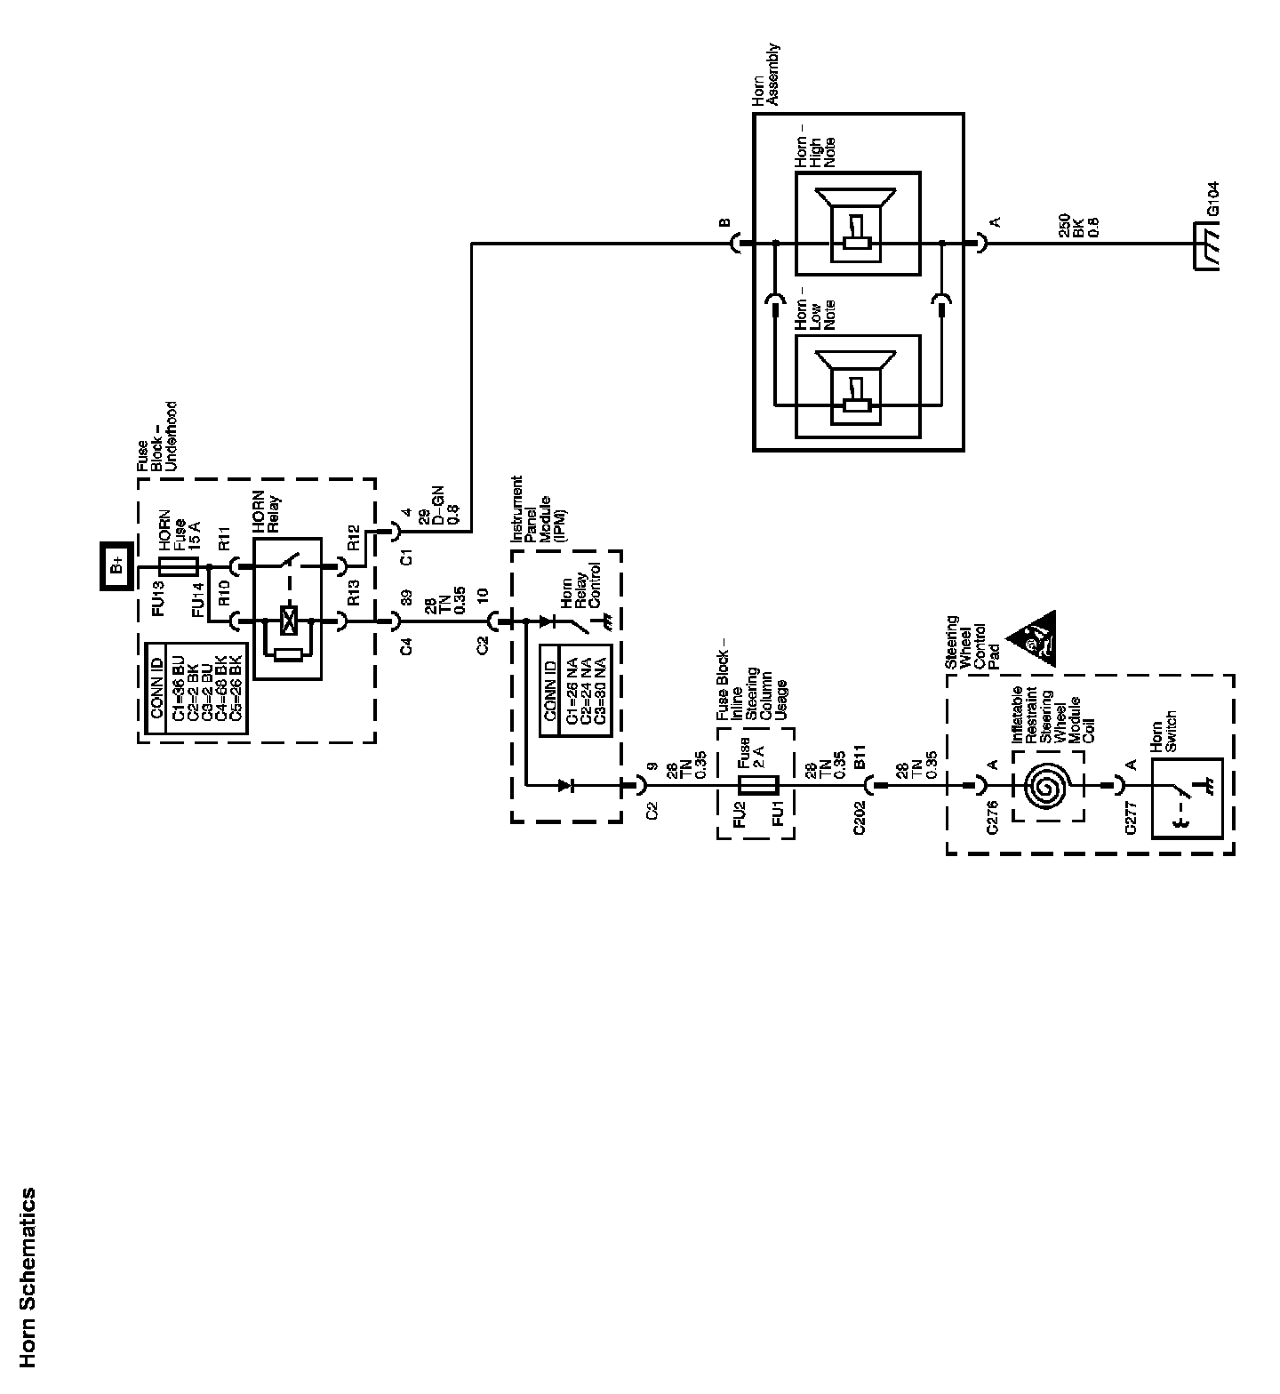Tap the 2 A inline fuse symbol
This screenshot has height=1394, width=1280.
[x=758, y=785]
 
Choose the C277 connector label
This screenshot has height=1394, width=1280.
[x=1131, y=813]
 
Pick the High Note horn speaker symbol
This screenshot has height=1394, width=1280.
[x=856, y=224]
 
